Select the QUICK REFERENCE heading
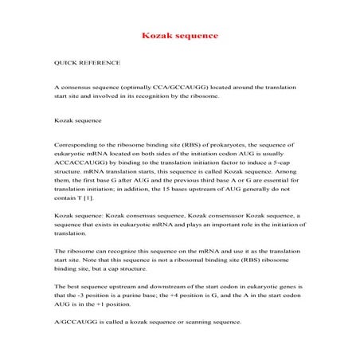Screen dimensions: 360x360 tap(81, 61)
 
